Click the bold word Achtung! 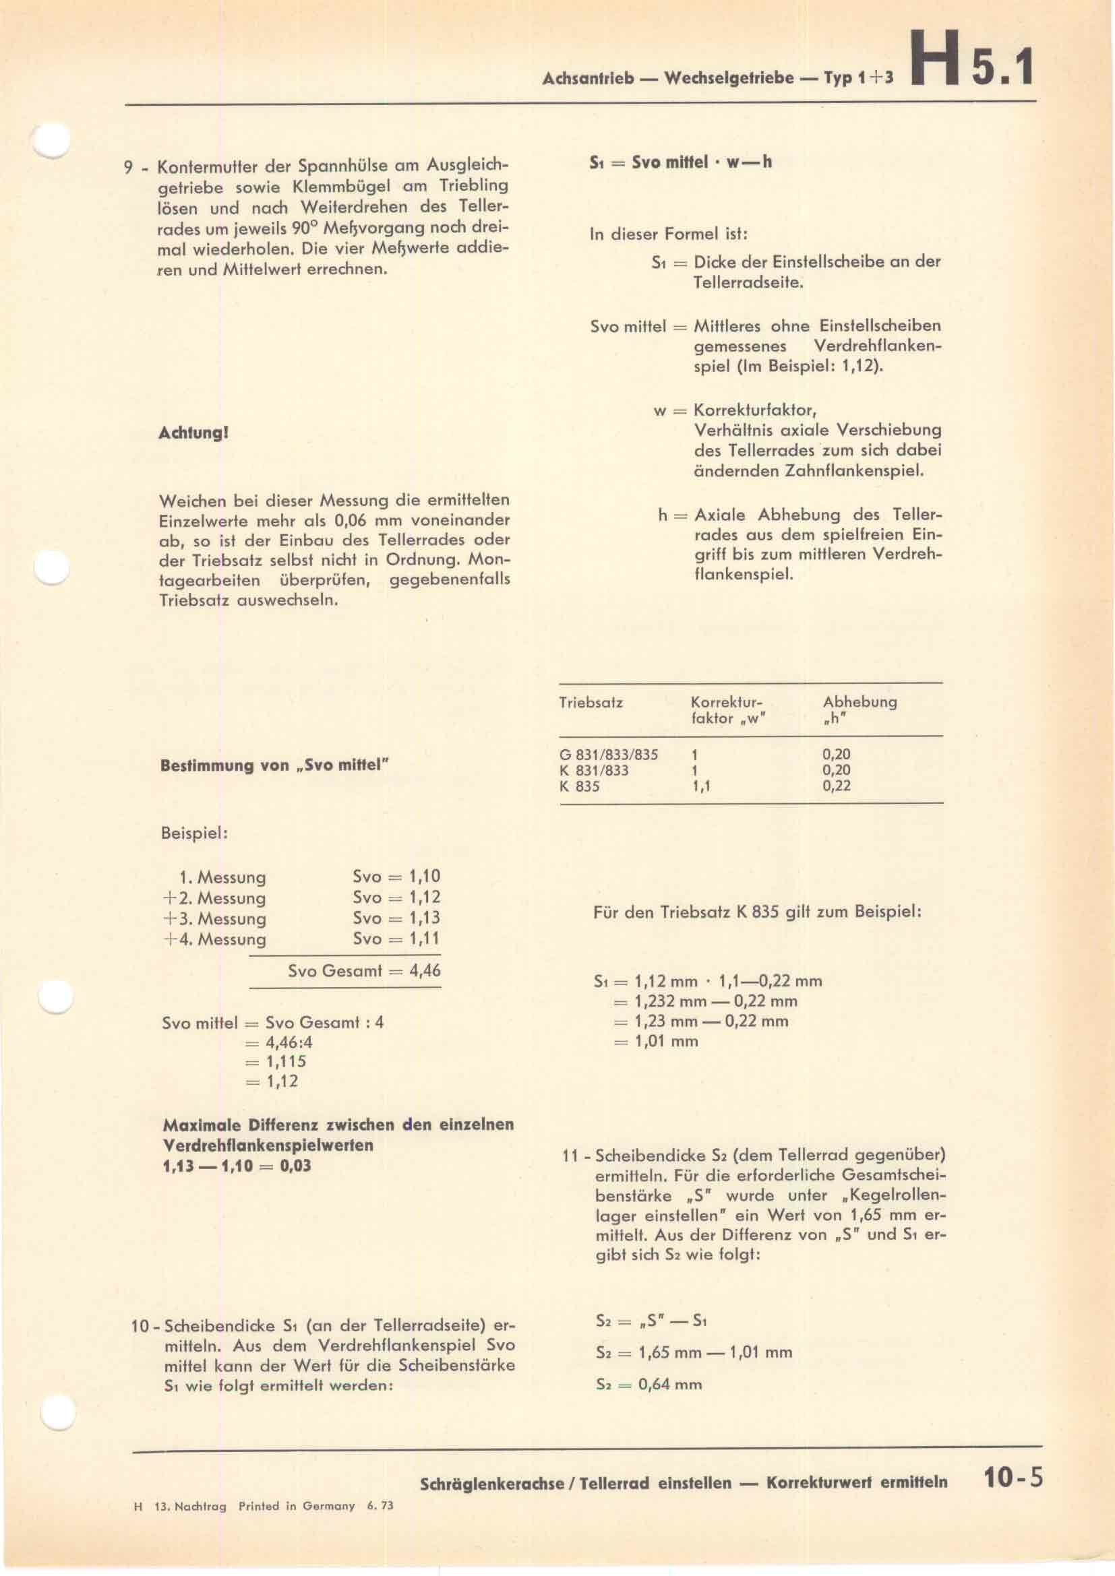(x=193, y=434)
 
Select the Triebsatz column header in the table (x=591, y=702)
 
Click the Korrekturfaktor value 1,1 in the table (x=701, y=786)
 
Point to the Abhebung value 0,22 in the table (x=836, y=786)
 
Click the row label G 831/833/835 (x=608, y=755)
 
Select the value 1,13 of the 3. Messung (x=424, y=918)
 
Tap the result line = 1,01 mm (x=656, y=1041)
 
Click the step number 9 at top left (x=127, y=168)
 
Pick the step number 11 (x=570, y=1156)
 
